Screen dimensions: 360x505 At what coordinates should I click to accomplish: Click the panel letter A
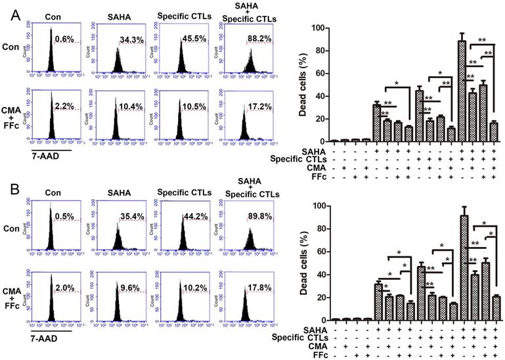coord(9,14)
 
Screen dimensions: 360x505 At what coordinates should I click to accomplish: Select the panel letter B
coord(9,192)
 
